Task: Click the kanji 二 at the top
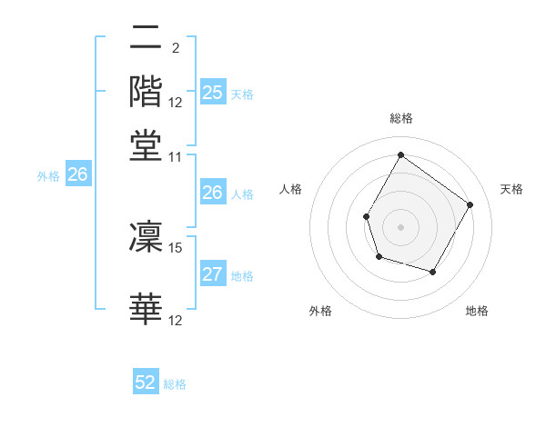click(x=147, y=38)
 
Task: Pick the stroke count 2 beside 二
click(x=175, y=47)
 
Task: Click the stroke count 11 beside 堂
click(x=176, y=156)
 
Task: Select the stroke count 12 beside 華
click(x=176, y=320)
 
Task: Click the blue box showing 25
click(x=212, y=93)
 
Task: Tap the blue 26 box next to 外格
click(x=77, y=175)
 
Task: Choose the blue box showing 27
click(x=212, y=275)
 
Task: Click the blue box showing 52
click(x=146, y=383)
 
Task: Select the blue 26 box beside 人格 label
click(x=212, y=193)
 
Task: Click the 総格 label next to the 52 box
click(x=175, y=384)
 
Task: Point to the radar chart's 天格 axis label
click(x=511, y=189)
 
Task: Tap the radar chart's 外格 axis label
click(x=320, y=311)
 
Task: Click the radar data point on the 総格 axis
click(x=400, y=154)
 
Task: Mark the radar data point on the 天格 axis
click(x=470, y=204)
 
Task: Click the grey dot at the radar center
click(x=400, y=226)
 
